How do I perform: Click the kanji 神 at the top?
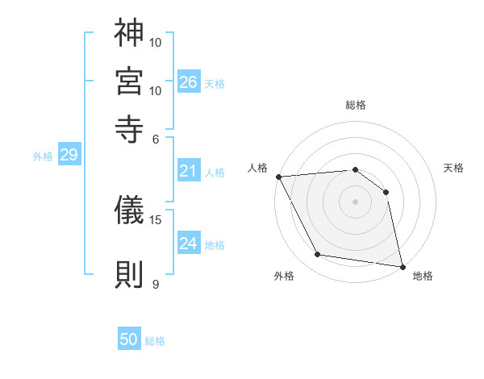pyautogui.click(x=129, y=33)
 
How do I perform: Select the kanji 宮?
pyautogui.click(x=129, y=81)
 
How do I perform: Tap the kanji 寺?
pyautogui.click(x=129, y=128)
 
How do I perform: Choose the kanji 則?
pyautogui.click(x=129, y=274)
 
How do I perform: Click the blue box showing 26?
pyautogui.click(x=189, y=82)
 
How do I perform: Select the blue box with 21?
pyautogui.click(x=189, y=171)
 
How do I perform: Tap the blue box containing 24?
pyautogui.click(x=189, y=244)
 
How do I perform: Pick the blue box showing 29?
pyautogui.click(x=69, y=156)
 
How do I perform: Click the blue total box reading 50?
pyautogui.click(x=129, y=340)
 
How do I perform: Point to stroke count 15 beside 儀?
pyautogui.click(x=156, y=219)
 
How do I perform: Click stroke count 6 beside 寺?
pyautogui.click(x=156, y=138)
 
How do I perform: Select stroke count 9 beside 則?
pyautogui.click(x=156, y=284)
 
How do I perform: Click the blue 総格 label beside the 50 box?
pyautogui.click(x=155, y=341)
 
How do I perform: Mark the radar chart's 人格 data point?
pyautogui.click(x=278, y=177)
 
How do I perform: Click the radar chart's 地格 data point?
pyautogui.click(x=401, y=266)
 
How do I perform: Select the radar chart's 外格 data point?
pyautogui.click(x=318, y=255)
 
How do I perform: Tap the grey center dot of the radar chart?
pyautogui.click(x=355, y=202)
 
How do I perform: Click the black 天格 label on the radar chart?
pyautogui.click(x=453, y=168)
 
